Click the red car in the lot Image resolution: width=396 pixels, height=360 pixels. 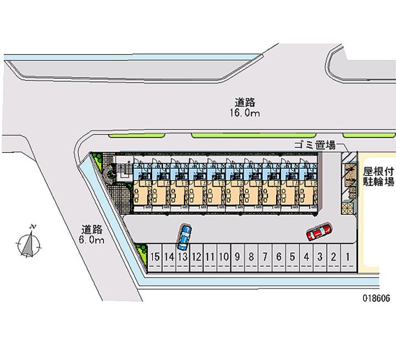(x=318, y=232)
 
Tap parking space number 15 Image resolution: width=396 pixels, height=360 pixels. (x=155, y=257)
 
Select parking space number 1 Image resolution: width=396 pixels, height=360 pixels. (x=348, y=257)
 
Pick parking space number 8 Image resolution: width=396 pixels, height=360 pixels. (x=251, y=257)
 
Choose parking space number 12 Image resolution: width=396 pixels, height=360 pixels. (x=196, y=257)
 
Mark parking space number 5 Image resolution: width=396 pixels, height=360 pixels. (x=293, y=257)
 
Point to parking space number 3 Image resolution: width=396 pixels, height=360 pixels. (x=320, y=257)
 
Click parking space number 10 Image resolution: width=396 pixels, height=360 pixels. (x=224, y=257)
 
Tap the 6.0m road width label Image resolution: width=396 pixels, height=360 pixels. (x=92, y=240)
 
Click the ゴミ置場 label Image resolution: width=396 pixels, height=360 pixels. (x=314, y=145)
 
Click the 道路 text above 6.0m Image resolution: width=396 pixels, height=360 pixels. (x=92, y=230)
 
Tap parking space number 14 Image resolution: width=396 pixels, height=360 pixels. (x=169, y=257)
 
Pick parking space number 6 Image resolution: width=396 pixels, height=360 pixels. (x=279, y=257)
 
